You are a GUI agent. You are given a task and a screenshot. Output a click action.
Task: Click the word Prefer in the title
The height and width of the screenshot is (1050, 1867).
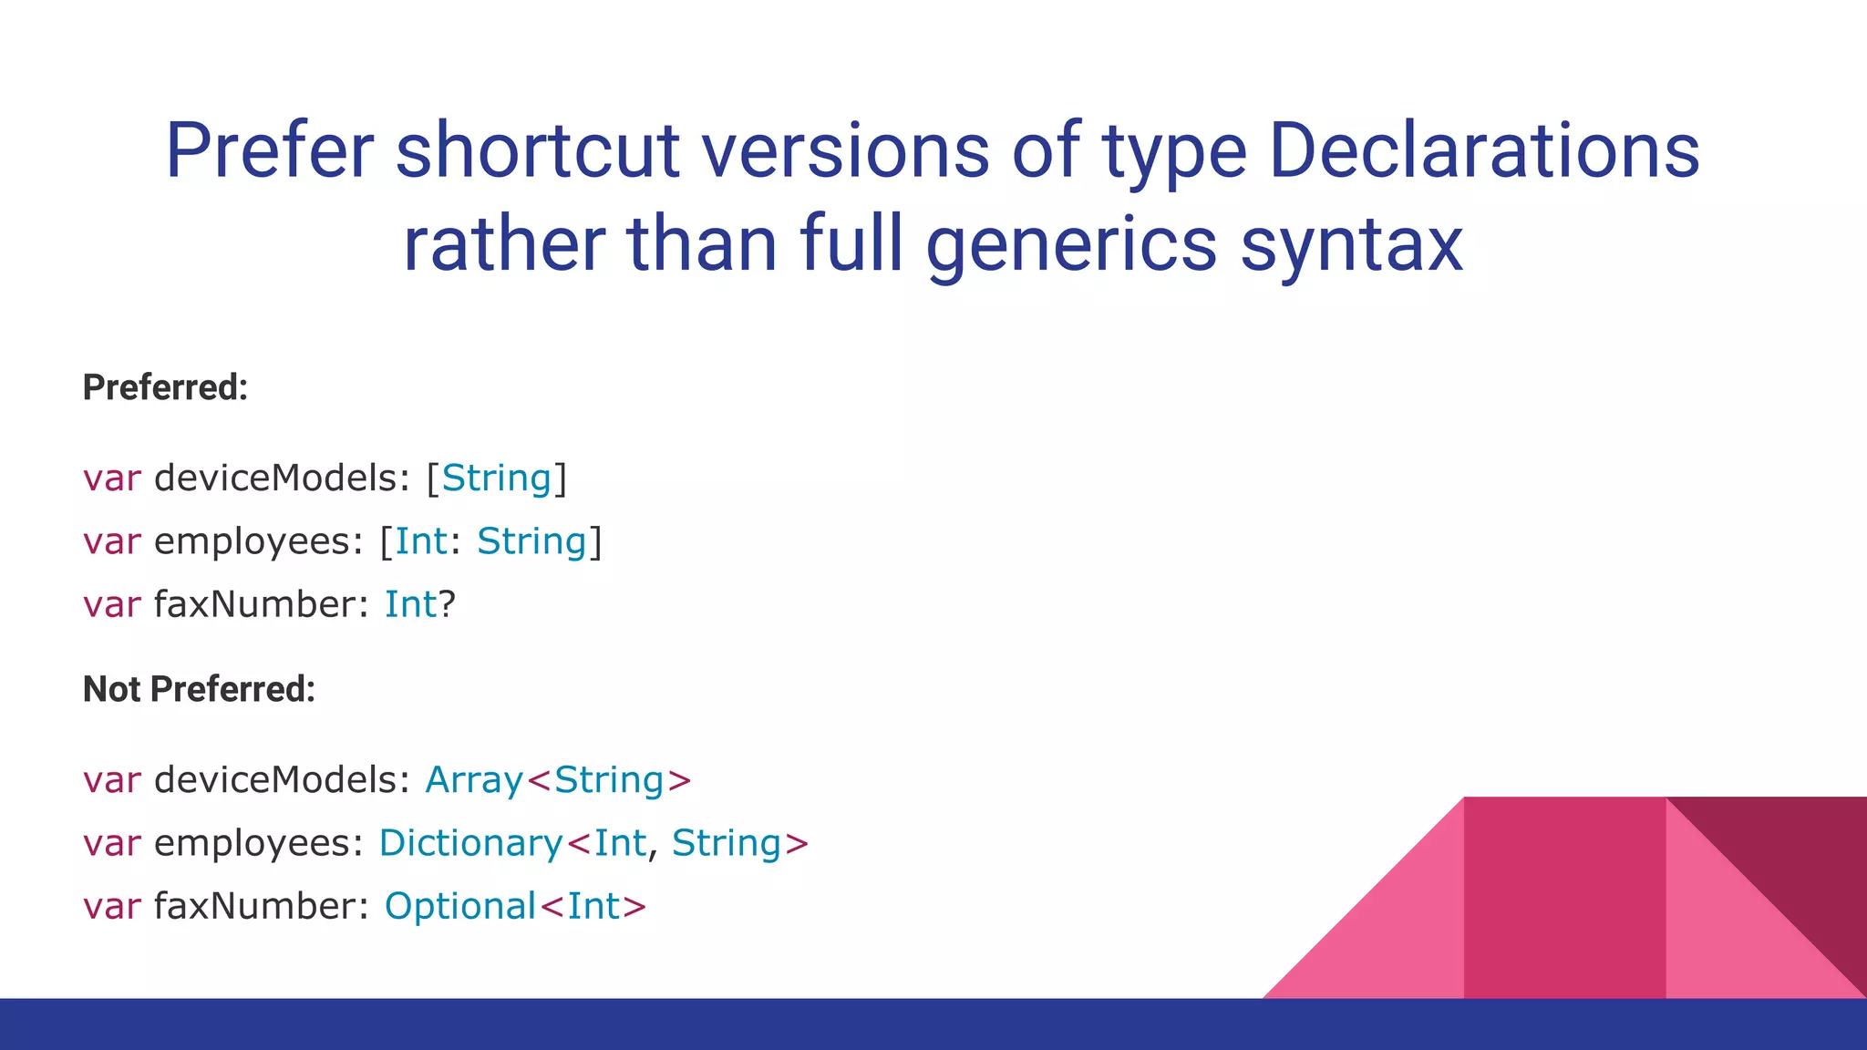(x=269, y=151)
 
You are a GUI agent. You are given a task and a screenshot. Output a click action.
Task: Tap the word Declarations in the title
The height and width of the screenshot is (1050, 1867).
(x=1483, y=151)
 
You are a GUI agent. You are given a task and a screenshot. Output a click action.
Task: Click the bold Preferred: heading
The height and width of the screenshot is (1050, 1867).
(x=165, y=387)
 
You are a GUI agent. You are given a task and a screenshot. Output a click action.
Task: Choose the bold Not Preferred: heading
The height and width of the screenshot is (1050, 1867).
(x=199, y=689)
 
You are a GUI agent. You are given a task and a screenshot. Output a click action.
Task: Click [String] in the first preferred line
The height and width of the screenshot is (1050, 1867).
(x=497, y=479)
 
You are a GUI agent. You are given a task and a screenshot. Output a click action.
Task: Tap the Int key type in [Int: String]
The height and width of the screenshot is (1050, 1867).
(x=420, y=541)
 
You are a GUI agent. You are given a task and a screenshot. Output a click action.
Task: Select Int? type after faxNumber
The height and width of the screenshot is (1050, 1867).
(x=419, y=604)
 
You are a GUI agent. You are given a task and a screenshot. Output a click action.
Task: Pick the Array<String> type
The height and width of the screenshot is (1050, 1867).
(x=558, y=780)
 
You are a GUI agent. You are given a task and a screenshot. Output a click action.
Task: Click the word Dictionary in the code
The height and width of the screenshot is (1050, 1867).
(x=470, y=843)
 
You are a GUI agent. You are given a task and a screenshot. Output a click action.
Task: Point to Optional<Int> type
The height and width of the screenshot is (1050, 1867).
(x=515, y=906)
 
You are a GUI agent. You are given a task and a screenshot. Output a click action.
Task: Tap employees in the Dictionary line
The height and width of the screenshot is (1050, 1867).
(x=259, y=843)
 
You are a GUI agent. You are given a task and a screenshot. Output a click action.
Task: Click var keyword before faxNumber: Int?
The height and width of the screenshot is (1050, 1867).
(x=111, y=604)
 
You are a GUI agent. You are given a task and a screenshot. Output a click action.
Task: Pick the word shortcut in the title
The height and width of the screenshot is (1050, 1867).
(x=537, y=151)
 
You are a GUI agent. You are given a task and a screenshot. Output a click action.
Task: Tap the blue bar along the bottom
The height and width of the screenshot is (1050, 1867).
(x=933, y=1024)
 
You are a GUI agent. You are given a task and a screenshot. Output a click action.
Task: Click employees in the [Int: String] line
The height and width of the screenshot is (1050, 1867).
(x=259, y=541)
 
